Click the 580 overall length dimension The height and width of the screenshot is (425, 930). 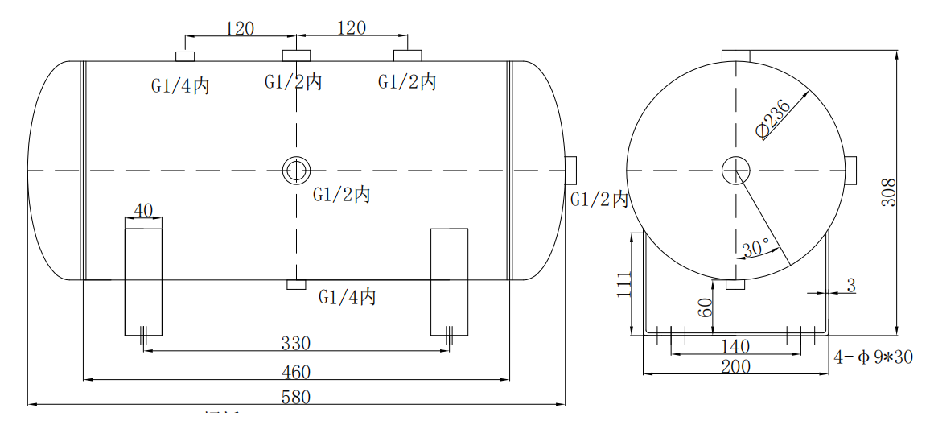(296, 397)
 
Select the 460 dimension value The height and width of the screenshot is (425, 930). (296, 372)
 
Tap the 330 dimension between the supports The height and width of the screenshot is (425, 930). (296, 344)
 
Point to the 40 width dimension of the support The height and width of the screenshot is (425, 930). (143, 211)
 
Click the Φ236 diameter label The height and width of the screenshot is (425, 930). (773, 119)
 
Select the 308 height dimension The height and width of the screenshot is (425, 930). (888, 192)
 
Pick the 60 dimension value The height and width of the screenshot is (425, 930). (706, 307)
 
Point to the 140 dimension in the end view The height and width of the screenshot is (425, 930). (735, 347)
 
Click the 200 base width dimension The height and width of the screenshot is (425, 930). (735, 367)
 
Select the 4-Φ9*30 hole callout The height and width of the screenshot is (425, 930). (873, 357)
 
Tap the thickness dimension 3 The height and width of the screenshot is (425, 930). (851, 284)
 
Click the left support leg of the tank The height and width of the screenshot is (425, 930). (143, 282)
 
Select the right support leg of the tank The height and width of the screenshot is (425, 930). (449, 282)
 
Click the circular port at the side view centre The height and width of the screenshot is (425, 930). (296, 170)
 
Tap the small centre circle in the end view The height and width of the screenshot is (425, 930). (735, 170)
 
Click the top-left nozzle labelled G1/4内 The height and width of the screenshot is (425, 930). (186, 56)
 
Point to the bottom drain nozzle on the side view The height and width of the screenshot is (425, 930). (296, 285)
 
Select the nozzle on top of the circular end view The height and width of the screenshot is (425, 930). (735, 55)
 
